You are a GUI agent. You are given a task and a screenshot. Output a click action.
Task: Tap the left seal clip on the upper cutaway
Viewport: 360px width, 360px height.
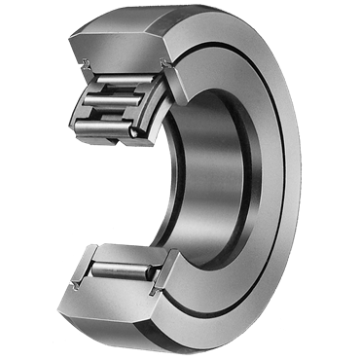click(x=88, y=68)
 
